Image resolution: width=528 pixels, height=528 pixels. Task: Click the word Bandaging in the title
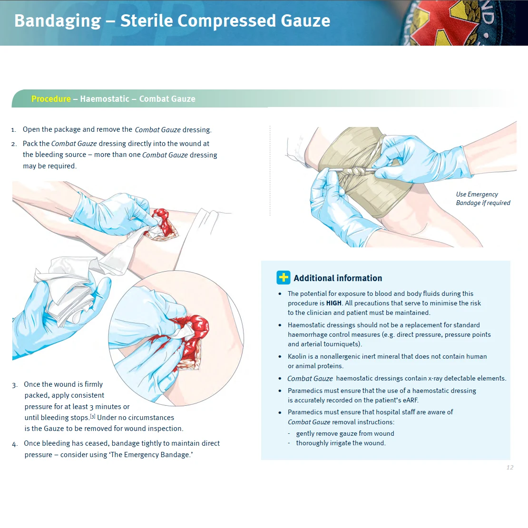pyautogui.click(x=58, y=21)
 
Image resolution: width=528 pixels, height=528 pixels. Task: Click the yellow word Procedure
pyautogui.click(x=51, y=99)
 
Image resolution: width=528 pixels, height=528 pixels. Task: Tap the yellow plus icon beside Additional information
pyautogui.click(x=284, y=278)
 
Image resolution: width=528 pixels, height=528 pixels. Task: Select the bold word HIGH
pyautogui.click(x=333, y=303)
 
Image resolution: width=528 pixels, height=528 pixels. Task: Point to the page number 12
pyautogui.click(x=509, y=468)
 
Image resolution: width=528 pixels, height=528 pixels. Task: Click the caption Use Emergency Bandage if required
pyautogui.click(x=482, y=198)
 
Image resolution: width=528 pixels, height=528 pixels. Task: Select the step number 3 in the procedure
pyautogui.click(x=15, y=385)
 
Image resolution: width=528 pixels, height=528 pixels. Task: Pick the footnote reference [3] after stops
pyautogui.click(x=93, y=417)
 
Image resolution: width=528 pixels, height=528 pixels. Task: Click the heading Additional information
pyautogui.click(x=338, y=278)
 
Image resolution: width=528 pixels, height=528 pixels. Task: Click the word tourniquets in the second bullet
pyautogui.click(x=342, y=344)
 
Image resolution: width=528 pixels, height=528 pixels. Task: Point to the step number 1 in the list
pyautogui.click(x=14, y=129)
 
